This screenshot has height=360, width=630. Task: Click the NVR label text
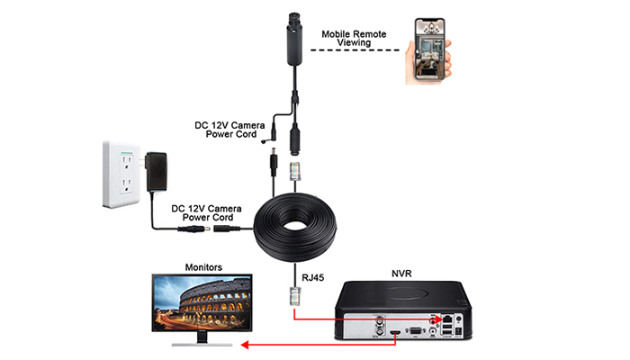[x=401, y=274]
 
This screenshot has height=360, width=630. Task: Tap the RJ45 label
[x=312, y=277]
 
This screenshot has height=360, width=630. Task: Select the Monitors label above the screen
[x=203, y=267]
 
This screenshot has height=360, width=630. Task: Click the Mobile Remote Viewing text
[x=354, y=38]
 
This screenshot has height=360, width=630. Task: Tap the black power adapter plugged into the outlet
[x=157, y=172]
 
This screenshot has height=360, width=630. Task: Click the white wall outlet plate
[x=121, y=175]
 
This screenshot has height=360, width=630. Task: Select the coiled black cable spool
[x=295, y=228]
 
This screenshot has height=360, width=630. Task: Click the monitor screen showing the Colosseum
[x=202, y=302]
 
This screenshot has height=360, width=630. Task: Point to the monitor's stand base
[x=202, y=345]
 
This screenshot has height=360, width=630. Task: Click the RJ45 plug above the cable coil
[x=295, y=171]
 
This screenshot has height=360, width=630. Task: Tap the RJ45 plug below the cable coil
[x=295, y=296]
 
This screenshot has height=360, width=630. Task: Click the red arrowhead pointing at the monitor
[x=245, y=345]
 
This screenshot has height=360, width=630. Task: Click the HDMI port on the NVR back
[x=396, y=333]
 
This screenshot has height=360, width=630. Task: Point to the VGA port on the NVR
[x=416, y=331]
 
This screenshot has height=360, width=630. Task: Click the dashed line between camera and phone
[x=355, y=50]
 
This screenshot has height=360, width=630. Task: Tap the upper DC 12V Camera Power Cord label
[x=230, y=130]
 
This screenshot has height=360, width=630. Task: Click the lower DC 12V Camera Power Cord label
[x=206, y=213]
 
